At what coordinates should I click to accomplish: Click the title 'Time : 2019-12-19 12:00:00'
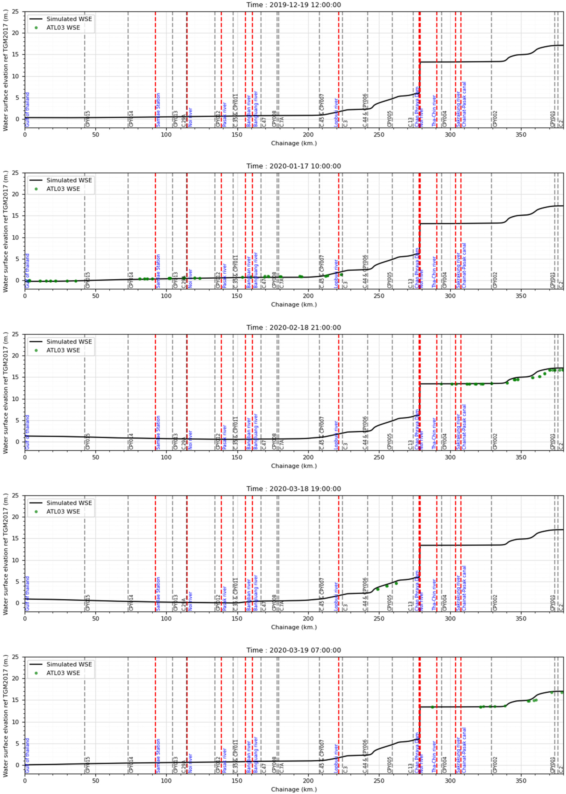pos(293,5)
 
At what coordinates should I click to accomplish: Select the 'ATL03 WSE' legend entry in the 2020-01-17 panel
pos(63,189)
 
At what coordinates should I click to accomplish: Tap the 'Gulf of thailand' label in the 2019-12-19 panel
pos(28,109)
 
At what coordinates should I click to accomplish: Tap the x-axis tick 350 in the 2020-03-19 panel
pos(521,780)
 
